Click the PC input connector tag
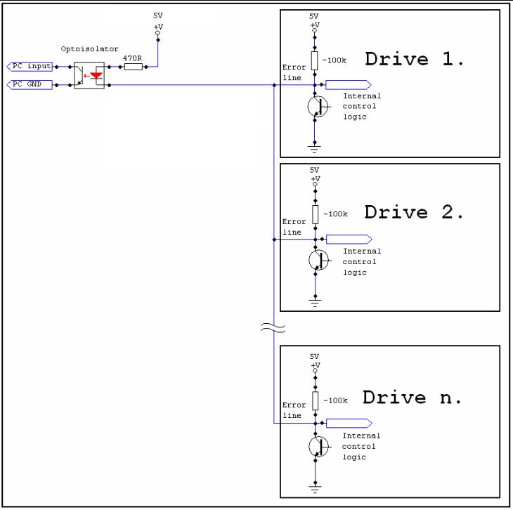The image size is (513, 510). point(30,67)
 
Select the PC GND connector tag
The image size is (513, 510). point(30,85)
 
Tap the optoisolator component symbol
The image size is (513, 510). point(89,75)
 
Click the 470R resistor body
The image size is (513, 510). point(133,67)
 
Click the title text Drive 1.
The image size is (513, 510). point(414,59)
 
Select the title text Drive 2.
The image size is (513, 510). point(414,212)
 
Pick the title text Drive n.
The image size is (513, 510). point(413,398)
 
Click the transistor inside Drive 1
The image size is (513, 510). point(318,107)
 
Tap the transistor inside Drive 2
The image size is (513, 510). point(318,261)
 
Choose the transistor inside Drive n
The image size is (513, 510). point(318,446)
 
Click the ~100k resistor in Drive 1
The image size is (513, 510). point(314,60)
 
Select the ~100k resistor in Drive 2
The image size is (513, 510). point(314,214)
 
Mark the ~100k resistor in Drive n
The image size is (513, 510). point(314,400)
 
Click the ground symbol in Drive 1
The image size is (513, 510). point(314,148)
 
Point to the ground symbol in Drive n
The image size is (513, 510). point(314,487)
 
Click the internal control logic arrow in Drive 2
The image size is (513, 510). point(349,239)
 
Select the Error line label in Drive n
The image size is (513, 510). point(293,410)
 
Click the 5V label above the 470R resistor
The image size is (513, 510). point(157,15)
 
